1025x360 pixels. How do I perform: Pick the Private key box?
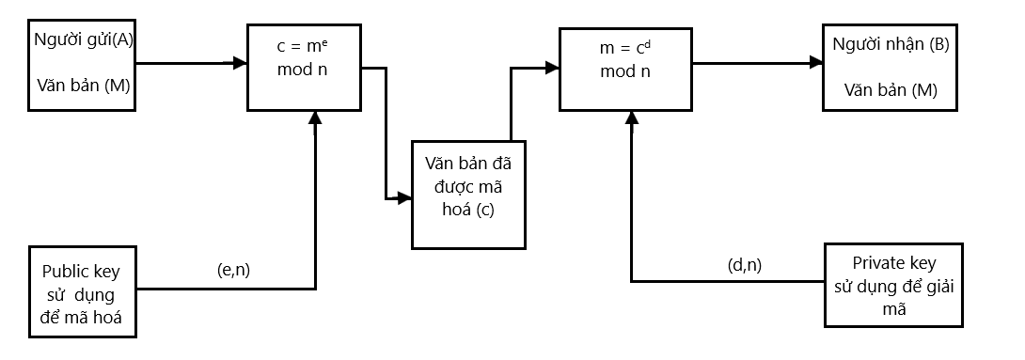[x=893, y=286]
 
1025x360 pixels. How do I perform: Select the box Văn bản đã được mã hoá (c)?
[x=468, y=194]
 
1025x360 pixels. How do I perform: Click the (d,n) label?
[x=745, y=265]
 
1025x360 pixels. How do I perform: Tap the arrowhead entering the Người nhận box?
[x=816, y=63]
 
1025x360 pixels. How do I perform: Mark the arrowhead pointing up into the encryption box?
[x=315, y=117]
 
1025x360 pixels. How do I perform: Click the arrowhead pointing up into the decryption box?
[x=631, y=116]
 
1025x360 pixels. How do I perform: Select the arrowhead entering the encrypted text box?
[x=405, y=198]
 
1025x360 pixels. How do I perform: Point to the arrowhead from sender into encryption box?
[x=240, y=63]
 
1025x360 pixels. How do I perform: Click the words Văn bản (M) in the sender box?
[x=83, y=85]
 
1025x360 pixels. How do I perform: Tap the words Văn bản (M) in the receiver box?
[x=890, y=90]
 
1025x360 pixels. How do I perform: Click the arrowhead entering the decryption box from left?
[x=553, y=67]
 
